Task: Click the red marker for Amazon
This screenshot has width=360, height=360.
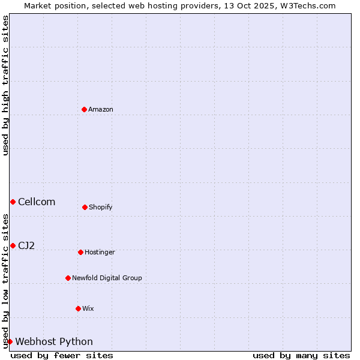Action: pos(84,109)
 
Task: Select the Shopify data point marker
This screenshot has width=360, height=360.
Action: pos(85,207)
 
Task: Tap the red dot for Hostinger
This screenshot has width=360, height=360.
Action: pos(80,252)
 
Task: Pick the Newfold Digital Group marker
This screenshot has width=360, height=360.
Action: pos(68,278)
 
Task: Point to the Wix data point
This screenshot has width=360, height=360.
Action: pos(78,308)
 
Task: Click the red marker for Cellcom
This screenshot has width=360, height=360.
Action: pos(13,202)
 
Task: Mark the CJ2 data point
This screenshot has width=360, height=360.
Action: pos(13,245)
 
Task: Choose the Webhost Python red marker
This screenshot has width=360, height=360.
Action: pos(10,341)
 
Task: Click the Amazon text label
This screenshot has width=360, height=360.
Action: pos(101,109)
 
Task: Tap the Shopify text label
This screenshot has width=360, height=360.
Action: pos(101,207)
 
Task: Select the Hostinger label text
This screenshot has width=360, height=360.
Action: pos(100,252)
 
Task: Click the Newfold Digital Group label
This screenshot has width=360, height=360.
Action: pos(107,278)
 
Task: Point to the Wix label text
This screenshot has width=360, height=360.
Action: pos(88,308)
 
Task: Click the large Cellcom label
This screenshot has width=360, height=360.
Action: pos(37,202)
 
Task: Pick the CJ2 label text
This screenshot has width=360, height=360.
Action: pos(26,245)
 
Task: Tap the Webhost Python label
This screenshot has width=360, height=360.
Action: pos(54,341)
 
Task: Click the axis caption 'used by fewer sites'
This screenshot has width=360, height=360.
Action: pos(62,355)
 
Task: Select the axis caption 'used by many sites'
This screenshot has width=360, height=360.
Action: pos(301,355)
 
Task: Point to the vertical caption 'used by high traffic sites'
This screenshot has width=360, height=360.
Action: pos(5,85)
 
